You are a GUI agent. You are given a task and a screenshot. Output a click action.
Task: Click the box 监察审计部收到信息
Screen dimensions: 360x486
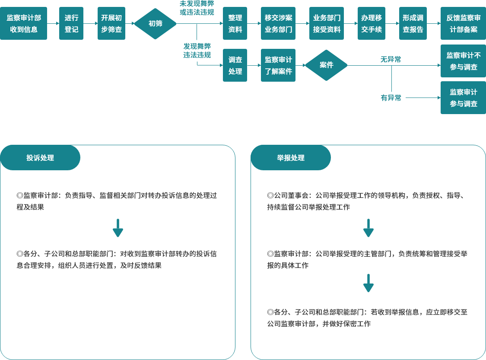[23, 24]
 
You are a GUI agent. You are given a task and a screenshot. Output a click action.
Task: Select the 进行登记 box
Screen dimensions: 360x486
[71, 24]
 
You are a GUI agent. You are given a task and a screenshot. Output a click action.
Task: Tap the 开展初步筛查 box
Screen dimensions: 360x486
[111, 24]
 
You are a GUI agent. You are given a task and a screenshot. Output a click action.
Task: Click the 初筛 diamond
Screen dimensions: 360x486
[155, 24]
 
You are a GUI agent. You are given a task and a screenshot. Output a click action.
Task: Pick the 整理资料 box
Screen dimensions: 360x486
[235, 24]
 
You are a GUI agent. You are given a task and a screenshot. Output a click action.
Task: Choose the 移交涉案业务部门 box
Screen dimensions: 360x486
[278, 24]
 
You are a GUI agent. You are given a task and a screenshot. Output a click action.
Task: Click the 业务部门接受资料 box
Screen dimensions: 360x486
[327, 24]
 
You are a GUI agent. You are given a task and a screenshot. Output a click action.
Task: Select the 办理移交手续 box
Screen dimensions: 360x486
[371, 24]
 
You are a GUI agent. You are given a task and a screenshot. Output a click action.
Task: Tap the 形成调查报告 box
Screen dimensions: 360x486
[413, 24]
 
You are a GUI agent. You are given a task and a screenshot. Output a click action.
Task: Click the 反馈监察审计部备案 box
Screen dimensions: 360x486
[463, 24]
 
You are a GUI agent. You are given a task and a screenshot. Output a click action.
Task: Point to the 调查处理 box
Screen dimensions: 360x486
[235, 65]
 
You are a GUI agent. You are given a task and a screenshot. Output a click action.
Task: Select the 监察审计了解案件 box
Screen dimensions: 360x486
[278, 65]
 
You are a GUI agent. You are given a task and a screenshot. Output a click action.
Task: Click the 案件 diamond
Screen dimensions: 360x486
[326, 65]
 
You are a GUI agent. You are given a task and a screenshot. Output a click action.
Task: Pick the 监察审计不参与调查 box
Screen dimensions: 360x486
[463, 61]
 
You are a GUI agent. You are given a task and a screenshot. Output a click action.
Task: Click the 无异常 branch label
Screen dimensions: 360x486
[391, 60]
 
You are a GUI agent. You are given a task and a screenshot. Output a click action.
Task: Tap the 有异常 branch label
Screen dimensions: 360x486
[391, 98]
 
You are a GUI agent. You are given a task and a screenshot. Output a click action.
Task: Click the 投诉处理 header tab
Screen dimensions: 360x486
[40, 158]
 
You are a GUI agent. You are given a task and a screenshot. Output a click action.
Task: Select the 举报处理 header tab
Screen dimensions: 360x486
[291, 158]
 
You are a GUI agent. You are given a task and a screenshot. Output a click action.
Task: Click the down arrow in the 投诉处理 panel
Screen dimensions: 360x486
[118, 228]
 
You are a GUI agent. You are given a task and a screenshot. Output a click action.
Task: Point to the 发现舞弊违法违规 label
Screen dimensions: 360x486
[197, 51]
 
